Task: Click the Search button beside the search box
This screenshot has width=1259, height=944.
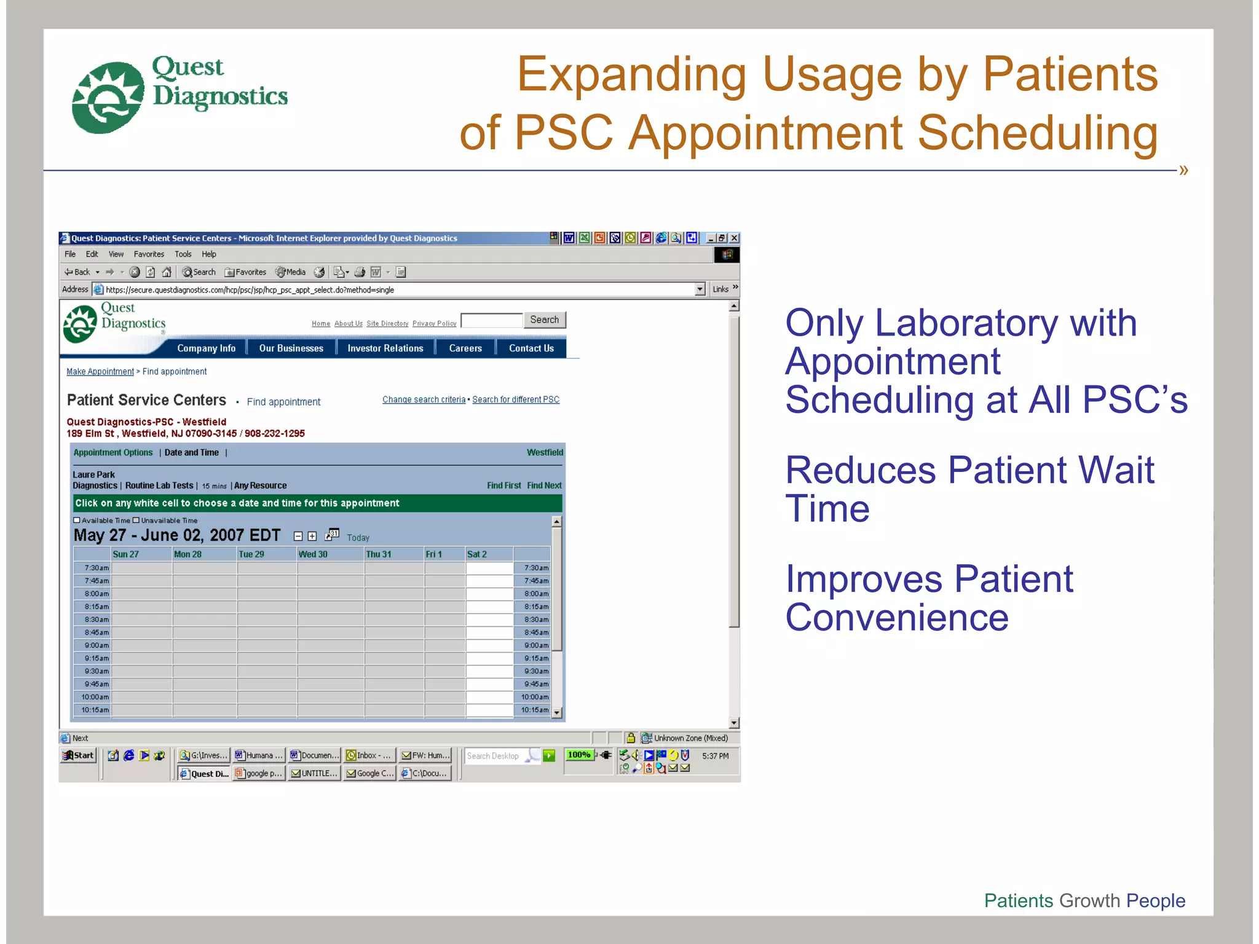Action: (544, 320)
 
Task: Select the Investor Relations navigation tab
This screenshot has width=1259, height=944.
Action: (385, 348)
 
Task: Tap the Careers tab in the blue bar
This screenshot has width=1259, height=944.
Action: (465, 348)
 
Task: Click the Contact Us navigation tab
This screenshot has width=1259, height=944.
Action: (531, 348)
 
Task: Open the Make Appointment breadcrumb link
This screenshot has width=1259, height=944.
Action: (100, 372)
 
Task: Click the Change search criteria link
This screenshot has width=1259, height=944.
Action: (424, 399)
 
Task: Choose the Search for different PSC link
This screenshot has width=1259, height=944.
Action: (516, 399)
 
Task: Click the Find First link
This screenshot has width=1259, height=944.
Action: (503, 486)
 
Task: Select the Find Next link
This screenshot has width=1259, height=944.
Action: (544, 486)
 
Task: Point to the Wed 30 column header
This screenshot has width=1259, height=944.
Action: (313, 554)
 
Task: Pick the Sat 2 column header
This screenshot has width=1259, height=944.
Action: (477, 554)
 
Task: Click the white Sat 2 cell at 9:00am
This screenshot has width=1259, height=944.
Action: (489, 645)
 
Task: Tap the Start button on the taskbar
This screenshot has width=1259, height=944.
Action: (79, 755)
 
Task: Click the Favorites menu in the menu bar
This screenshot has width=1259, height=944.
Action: (149, 254)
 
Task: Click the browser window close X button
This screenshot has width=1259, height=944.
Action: (734, 238)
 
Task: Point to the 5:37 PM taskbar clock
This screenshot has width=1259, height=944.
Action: (715, 756)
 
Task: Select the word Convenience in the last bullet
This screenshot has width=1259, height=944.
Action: (897, 618)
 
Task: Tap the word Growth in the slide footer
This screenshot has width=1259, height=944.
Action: (1089, 900)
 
